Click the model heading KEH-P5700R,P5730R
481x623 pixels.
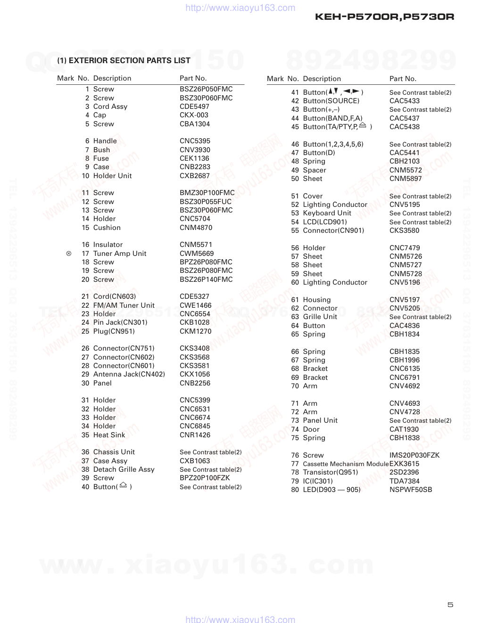point(384,17)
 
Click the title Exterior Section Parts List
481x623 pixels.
point(124,60)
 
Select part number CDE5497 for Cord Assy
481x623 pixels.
point(194,107)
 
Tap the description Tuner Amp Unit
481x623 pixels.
point(120,254)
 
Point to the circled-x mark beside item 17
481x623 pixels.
point(69,254)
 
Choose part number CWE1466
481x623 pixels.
point(195,305)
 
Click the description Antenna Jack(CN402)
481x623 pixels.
point(129,374)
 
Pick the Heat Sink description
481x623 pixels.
point(109,435)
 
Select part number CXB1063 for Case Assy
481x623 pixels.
point(195,461)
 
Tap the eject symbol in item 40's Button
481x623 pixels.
point(123,485)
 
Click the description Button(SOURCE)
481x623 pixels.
point(331,101)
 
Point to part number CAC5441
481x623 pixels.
point(404,153)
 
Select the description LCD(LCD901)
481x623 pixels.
point(325,222)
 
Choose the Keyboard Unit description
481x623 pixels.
point(327,213)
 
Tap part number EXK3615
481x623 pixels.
point(404,464)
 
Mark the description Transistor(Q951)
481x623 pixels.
point(330,472)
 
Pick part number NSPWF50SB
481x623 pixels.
point(411,490)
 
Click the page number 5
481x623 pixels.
point(450,605)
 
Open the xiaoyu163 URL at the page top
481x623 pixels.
point(240,8)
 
